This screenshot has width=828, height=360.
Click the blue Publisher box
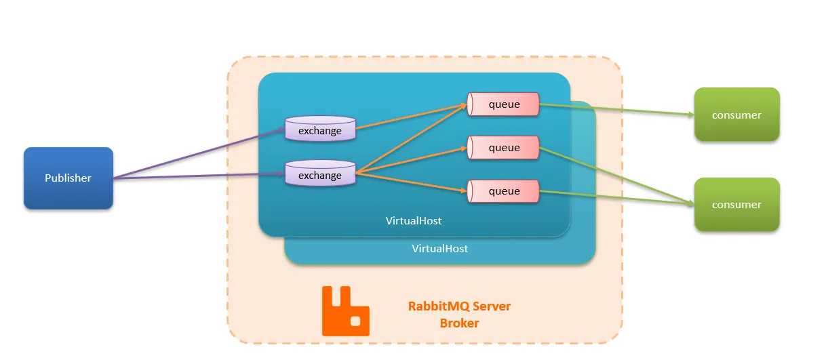68,178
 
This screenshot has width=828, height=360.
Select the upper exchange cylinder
320,129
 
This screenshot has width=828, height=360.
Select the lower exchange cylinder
320,174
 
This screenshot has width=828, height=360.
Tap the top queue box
503,104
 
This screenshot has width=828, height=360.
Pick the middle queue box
503,148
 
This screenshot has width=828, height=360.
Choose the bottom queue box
503,191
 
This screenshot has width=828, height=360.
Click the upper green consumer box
736,115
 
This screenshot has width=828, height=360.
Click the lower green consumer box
736,204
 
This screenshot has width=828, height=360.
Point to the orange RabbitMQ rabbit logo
345,311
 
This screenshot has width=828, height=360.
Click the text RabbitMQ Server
459,306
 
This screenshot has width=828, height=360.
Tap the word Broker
459,323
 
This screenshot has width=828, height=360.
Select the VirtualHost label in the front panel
414,221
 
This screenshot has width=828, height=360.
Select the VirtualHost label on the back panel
439,248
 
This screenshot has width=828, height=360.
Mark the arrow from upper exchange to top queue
410,116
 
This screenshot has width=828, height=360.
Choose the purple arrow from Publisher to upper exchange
197,153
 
